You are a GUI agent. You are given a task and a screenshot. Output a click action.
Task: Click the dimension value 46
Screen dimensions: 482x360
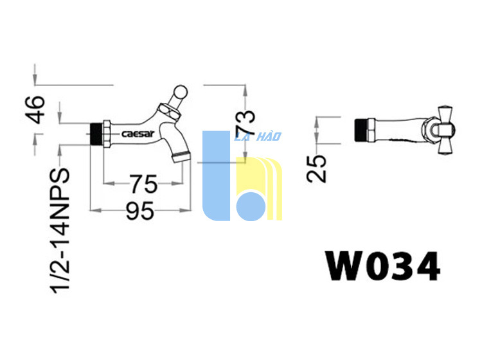pyautogui.click(x=35, y=110)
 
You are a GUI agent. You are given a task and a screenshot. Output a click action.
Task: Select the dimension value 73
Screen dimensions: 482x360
pyautogui.click(x=245, y=122)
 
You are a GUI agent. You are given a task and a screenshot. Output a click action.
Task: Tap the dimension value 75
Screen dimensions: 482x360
pyautogui.click(x=143, y=184)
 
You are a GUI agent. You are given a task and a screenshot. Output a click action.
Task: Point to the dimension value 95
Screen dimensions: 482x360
pyautogui.click(x=140, y=211)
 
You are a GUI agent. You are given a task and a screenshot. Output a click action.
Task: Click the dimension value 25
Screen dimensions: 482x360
pyautogui.click(x=316, y=169)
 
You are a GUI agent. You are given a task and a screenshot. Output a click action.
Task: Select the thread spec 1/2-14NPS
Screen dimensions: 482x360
pyautogui.click(x=60, y=231)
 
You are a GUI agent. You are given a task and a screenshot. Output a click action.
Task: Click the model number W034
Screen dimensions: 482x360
pyautogui.click(x=383, y=266)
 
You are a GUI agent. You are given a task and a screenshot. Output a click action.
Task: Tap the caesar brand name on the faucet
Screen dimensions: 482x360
pyautogui.click(x=138, y=134)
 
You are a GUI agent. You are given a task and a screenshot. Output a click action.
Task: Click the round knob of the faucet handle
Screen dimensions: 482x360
pyautogui.click(x=181, y=91)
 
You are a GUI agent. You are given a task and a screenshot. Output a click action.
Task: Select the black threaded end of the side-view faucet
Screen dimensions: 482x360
pyautogui.click(x=96, y=134)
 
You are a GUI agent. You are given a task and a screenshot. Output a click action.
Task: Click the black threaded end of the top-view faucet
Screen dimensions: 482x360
pyautogui.click(x=361, y=130)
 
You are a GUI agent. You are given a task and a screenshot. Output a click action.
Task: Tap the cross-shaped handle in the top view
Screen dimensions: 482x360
pyautogui.click(x=445, y=130)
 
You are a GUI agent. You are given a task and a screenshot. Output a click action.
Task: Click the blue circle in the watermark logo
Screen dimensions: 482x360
pyautogui.click(x=251, y=206)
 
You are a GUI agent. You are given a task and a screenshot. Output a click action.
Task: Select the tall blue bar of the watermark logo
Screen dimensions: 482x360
pyautogui.click(x=216, y=175)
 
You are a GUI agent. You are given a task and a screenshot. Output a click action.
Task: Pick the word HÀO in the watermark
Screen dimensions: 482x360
pyautogui.click(x=269, y=136)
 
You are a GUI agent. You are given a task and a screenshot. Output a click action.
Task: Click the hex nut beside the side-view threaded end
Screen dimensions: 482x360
pyautogui.click(x=106, y=134)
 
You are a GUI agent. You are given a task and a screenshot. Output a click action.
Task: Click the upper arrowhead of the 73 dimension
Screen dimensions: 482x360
pyautogui.click(x=245, y=91)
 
